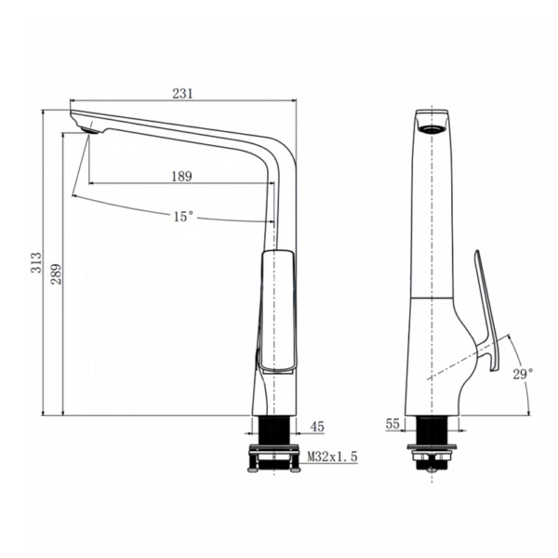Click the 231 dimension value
coord(182,93)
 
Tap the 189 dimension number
coord(182,176)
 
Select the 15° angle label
coord(183,216)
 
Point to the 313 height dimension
coord(36,262)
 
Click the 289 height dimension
coord(56,274)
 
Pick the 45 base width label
coord(317,427)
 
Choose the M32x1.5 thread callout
coord(332,457)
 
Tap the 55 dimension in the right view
coord(392,424)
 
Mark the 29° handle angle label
coord(523,374)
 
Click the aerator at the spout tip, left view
coord(89,130)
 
